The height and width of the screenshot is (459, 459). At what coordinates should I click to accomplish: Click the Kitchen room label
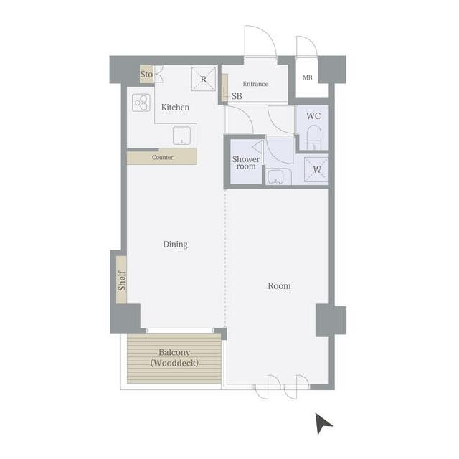point(175,108)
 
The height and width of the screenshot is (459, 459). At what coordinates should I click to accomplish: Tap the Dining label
point(175,245)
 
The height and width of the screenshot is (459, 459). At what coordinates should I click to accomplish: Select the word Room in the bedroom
point(279,286)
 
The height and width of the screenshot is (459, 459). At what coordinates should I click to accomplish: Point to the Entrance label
point(255,84)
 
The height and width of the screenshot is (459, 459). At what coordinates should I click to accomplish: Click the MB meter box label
point(308,78)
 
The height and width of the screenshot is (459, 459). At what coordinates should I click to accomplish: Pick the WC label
point(313,116)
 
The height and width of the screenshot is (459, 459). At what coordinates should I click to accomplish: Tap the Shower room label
point(246,163)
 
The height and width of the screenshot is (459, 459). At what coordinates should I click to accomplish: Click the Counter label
point(163,158)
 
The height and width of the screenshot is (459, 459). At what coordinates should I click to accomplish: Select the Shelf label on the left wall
point(122,280)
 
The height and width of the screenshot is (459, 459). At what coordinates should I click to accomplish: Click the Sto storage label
point(146,74)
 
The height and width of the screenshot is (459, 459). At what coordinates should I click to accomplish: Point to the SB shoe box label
point(237,96)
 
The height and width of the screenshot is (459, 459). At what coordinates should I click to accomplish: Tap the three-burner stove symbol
point(141,103)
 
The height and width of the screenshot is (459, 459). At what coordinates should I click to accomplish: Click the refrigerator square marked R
point(204,79)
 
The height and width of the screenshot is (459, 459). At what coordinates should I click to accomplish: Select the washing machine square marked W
point(316,169)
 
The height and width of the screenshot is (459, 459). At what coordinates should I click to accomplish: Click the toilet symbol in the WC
point(314,137)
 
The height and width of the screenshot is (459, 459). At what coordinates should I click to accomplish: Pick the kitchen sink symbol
point(181,136)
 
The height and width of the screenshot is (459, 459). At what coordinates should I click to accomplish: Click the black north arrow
point(323,423)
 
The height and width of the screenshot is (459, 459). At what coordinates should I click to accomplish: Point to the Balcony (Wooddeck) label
point(174,358)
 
